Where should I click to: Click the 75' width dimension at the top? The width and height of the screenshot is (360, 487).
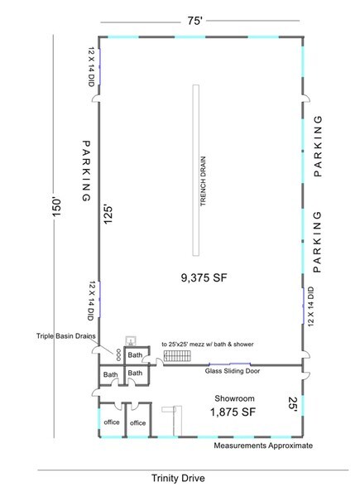click(x=194, y=21)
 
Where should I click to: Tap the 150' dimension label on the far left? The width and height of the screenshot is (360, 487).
click(x=58, y=207)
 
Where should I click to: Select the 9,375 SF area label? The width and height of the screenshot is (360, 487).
click(x=204, y=277)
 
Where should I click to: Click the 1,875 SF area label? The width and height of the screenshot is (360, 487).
click(x=233, y=412)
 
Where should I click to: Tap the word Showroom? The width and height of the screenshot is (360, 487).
click(x=235, y=398)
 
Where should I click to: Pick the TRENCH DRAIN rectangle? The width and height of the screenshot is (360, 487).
click(x=196, y=171)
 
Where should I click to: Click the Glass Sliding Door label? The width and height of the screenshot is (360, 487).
click(x=233, y=371)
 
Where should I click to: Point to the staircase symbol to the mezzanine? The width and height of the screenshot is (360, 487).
click(x=177, y=355)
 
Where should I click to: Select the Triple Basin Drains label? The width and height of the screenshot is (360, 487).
click(x=66, y=336)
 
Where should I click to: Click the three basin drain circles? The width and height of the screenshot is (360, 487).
click(x=118, y=354)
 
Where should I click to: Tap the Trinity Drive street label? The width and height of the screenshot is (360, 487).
click(x=178, y=478)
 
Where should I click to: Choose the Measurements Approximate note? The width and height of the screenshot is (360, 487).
click(x=263, y=446)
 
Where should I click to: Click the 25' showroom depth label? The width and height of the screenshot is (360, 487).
click(x=293, y=405)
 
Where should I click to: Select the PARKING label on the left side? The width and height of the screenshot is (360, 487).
click(x=86, y=171)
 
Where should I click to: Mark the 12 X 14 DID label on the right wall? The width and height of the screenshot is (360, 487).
click(x=311, y=306)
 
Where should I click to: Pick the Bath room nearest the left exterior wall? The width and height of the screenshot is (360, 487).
click(x=111, y=375)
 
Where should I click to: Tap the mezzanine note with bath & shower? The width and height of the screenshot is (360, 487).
click(x=208, y=345)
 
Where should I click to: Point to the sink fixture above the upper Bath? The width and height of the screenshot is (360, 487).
click(x=131, y=341)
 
